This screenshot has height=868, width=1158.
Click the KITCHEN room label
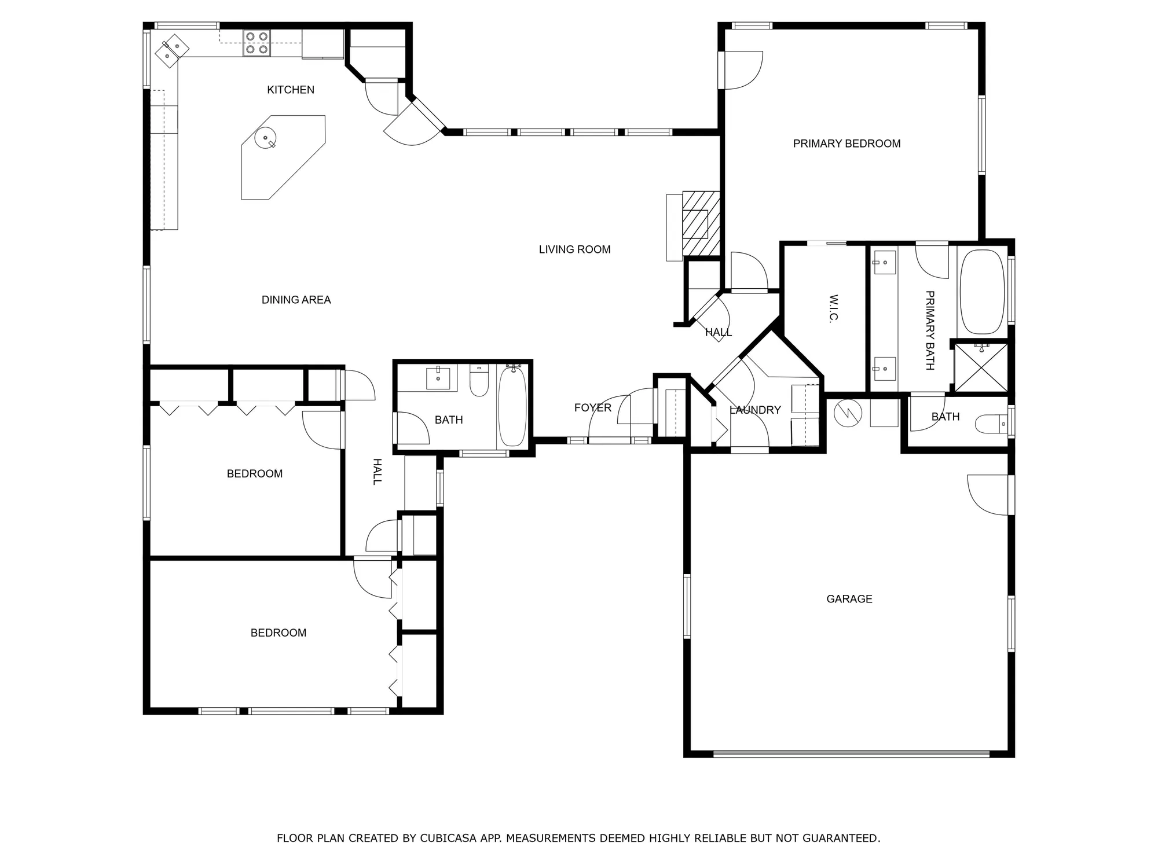click(x=291, y=90)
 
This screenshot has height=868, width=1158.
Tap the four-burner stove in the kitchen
click(x=256, y=43)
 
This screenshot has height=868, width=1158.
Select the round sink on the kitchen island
click(x=266, y=138)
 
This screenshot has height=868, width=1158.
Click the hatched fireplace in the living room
click(x=701, y=223)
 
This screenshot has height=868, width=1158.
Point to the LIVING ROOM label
click(x=574, y=249)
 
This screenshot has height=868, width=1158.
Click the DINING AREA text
click(x=296, y=300)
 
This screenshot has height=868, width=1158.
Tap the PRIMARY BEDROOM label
click(x=846, y=144)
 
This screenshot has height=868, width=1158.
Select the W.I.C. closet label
click(x=833, y=308)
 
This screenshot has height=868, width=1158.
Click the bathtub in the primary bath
click(x=982, y=292)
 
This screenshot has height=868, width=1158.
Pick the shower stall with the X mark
click(x=981, y=368)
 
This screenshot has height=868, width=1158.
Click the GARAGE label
click(x=849, y=599)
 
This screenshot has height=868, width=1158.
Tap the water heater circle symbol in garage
click(x=848, y=413)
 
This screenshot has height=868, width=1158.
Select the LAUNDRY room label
click(x=755, y=410)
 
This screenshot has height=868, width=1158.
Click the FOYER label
click(x=592, y=408)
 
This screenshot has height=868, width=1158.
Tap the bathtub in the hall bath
click(x=512, y=406)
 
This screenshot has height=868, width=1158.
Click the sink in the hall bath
click(x=438, y=378)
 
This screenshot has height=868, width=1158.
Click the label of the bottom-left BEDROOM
click(x=278, y=633)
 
